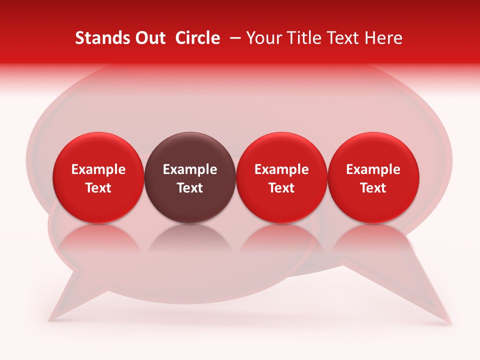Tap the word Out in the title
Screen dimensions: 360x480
[149, 38]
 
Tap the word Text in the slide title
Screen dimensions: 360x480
[343, 38]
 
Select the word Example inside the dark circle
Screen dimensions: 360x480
[190, 169]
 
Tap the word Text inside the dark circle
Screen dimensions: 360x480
[190, 188]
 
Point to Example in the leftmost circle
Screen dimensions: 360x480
[98, 169]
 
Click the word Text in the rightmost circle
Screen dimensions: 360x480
[373, 188]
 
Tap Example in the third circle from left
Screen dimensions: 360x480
[281, 169]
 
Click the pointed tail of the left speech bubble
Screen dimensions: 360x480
[65, 305]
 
